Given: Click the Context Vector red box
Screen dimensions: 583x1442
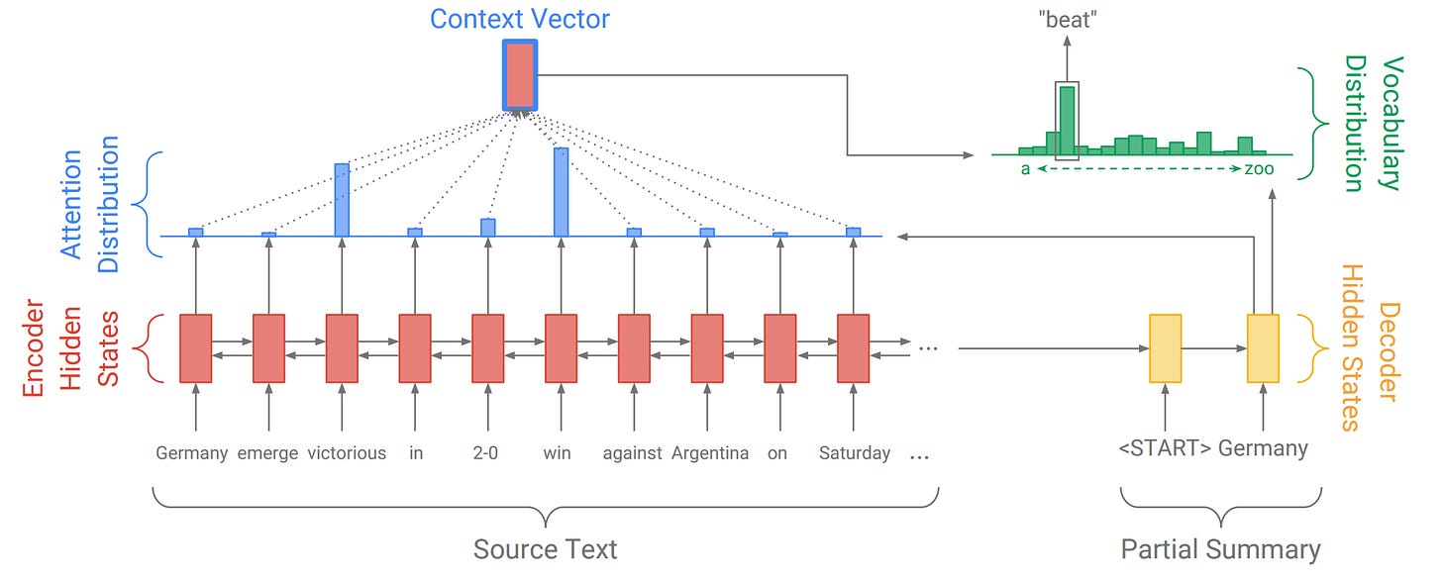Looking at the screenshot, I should (520, 75).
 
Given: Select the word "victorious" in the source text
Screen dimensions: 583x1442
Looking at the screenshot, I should (347, 453).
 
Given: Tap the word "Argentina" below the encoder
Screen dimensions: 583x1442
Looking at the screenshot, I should (710, 453).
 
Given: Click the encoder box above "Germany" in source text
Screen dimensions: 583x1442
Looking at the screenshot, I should (195, 347).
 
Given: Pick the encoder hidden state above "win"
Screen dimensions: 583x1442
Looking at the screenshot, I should (561, 347).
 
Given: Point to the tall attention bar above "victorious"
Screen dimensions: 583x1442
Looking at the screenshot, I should (342, 200).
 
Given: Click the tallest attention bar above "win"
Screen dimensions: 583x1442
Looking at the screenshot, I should (561, 192).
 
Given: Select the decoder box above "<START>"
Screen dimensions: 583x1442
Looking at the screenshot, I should (1165, 347).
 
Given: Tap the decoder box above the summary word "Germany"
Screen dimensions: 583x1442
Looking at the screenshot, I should (1263, 347).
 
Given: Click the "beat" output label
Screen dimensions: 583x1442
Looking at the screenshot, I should (1066, 20).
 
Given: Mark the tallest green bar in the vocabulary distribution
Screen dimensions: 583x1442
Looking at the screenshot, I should (1067, 120).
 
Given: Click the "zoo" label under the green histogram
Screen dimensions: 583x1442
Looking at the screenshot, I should (1259, 169).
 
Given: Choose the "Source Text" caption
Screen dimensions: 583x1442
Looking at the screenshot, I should (545, 549).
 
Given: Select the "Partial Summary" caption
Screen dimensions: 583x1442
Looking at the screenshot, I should (1220, 549).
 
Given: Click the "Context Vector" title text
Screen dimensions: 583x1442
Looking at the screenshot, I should (520, 18).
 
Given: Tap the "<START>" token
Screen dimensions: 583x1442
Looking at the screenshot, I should (1164, 448).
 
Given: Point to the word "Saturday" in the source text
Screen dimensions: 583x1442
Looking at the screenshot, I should (855, 453).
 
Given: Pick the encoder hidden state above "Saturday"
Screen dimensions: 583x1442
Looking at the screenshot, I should (853, 347).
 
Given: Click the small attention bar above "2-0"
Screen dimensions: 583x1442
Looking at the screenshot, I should (487, 227).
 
